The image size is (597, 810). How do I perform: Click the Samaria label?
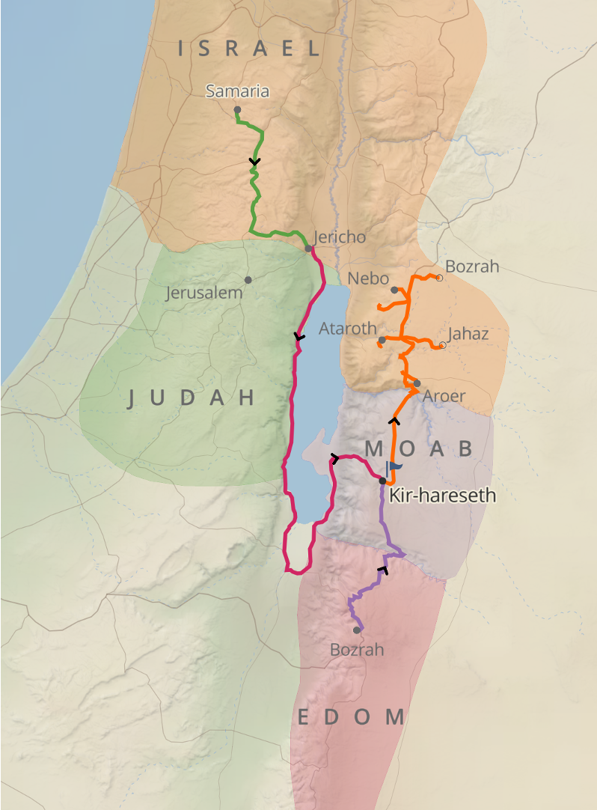(237, 92)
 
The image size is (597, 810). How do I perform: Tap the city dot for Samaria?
(237, 110)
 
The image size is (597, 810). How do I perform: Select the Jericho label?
(340, 237)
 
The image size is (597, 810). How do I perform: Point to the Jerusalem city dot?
(248, 280)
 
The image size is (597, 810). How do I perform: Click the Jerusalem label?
(204, 293)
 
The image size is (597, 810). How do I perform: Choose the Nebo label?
(364, 279)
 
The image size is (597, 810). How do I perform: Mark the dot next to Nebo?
(394, 290)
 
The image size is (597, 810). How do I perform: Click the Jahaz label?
(468, 334)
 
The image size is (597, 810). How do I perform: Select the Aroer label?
(444, 396)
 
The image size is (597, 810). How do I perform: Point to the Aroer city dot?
(417, 383)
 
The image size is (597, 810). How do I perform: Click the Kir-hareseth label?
(442, 496)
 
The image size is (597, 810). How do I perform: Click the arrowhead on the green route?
(254, 162)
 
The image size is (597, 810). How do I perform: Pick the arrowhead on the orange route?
(393, 421)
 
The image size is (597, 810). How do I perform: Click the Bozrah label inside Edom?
(357, 650)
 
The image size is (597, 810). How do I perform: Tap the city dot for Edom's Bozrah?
(357, 630)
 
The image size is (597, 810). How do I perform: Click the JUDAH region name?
(192, 398)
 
